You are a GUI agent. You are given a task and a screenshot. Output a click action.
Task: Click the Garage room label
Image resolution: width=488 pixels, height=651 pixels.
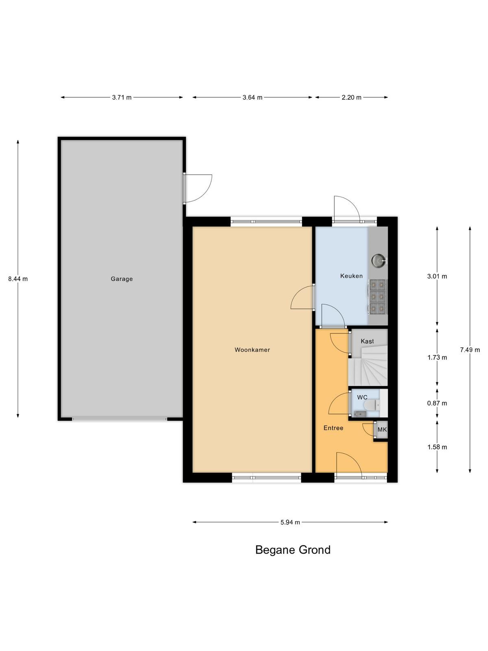122,279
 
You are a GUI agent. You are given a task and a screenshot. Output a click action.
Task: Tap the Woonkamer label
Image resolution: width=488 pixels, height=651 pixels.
252,350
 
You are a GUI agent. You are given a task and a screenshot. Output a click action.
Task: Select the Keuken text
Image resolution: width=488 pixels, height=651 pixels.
351,276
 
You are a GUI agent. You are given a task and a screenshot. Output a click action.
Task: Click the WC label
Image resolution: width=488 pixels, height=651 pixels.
362,397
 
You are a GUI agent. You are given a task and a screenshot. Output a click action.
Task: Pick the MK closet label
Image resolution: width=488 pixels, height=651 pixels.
382,429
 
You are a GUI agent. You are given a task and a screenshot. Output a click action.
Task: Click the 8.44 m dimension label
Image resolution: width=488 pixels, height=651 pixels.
18,279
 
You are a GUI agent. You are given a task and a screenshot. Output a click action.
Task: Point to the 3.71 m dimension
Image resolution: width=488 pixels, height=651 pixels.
122,97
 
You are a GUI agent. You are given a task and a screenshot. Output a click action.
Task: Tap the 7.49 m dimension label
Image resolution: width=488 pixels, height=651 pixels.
470,350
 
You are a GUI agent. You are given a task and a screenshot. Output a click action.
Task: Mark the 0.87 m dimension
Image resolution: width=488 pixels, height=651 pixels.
437,403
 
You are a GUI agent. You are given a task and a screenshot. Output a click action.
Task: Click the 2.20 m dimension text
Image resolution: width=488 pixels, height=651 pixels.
351,97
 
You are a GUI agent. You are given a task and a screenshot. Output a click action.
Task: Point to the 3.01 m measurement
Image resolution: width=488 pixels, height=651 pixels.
437,276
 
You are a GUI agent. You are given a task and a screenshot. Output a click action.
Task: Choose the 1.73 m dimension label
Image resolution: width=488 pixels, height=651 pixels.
437,357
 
